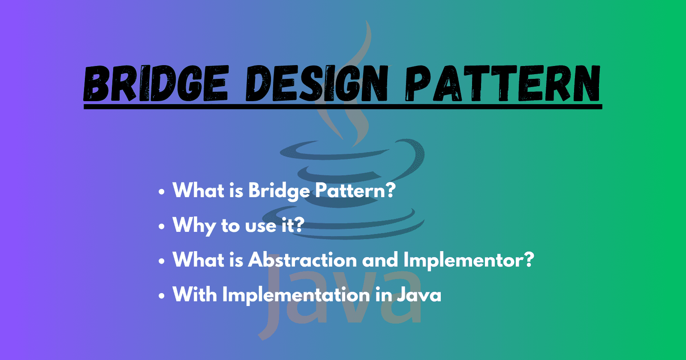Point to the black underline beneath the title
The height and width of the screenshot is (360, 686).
(x=343, y=106)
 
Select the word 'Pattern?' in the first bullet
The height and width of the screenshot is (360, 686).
(x=355, y=190)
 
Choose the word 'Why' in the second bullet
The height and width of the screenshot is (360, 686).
(x=193, y=225)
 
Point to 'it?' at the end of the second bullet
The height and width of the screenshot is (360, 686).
(x=293, y=225)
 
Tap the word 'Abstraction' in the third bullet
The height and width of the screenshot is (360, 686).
(x=302, y=260)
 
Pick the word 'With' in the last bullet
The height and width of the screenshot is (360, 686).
(x=194, y=294)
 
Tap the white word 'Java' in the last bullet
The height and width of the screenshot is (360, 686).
(x=419, y=295)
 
